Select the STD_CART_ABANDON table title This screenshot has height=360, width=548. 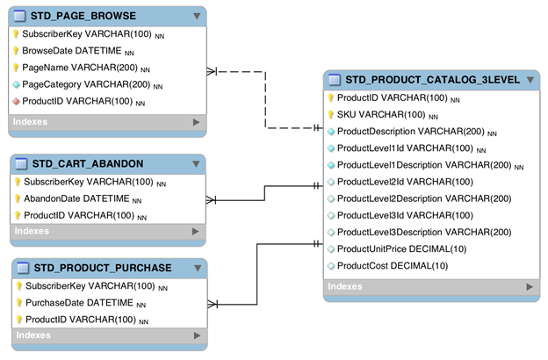pyautogui.click(x=87, y=164)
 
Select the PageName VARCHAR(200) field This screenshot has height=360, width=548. pyautogui.click(x=80, y=68)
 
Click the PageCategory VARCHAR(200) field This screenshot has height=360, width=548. pyautogui.click(x=86, y=84)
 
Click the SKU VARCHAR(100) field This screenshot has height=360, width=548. pyautogui.click(x=382, y=115)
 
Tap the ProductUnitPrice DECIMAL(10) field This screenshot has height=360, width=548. pyautogui.click(x=401, y=248)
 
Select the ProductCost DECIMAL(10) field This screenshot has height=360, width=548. pyautogui.click(x=392, y=265)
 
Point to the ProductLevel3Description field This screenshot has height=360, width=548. pyautogui.click(x=424, y=232)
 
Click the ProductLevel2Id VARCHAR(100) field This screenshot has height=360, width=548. pyautogui.click(x=405, y=182)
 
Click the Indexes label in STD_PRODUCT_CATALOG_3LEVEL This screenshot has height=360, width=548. pyautogui.click(x=345, y=286)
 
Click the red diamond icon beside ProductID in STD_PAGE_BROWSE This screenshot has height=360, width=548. pyautogui.click(x=16, y=101)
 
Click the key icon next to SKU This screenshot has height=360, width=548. pyautogui.click(x=331, y=115)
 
